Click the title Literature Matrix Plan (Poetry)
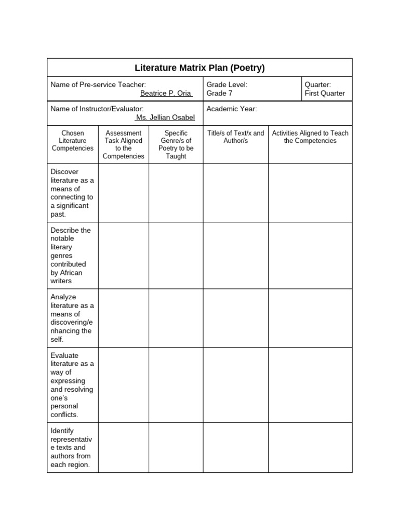click(199, 68)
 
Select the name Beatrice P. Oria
click(166, 94)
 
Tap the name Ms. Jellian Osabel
click(165, 118)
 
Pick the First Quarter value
click(324, 94)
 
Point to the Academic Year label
click(232, 109)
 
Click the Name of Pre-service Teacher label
click(98, 84)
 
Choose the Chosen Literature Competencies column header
click(73, 141)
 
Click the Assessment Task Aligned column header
click(124, 144)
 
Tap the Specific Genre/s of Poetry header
click(176, 144)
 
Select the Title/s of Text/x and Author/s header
click(235, 137)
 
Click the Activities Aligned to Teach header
click(310, 137)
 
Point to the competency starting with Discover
click(72, 193)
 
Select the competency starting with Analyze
click(72, 318)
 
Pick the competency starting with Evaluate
click(72, 385)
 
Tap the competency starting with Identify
click(72, 447)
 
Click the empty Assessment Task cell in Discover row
click(124, 193)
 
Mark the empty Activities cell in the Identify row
click(310, 447)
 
